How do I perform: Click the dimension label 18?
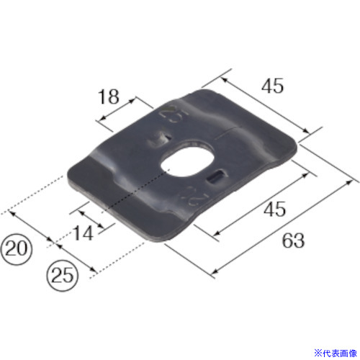click(x=109, y=96)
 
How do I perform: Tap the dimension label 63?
click(x=293, y=240)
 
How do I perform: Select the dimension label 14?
click(x=83, y=233)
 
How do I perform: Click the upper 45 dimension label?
click(x=272, y=86)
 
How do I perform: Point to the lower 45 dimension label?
click(x=275, y=209)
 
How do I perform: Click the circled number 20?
click(x=16, y=248)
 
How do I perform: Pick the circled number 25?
click(x=63, y=275)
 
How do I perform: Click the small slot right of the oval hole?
click(x=216, y=177)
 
